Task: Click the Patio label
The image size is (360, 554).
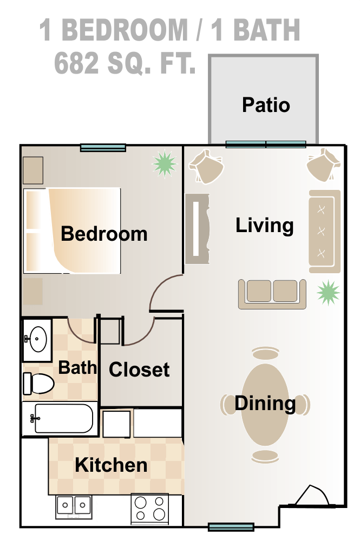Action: click(266, 104)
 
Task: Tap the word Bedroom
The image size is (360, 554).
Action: click(104, 234)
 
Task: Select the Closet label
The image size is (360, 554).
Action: click(139, 370)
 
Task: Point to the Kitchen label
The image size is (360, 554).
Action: click(111, 465)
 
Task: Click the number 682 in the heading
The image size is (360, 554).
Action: click(76, 64)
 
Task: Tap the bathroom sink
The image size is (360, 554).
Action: click(37, 339)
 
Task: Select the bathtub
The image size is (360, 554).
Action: click(61, 418)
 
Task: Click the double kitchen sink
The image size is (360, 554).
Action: click(74, 506)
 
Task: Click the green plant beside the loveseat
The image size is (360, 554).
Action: click(328, 293)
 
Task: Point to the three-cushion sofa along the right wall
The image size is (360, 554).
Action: click(324, 232)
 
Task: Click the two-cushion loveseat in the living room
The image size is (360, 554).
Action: click(272, 293)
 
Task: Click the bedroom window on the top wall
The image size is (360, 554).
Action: click(103, 147)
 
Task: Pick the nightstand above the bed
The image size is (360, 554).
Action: click(32, 170)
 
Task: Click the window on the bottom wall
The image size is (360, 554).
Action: click(231, 526)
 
